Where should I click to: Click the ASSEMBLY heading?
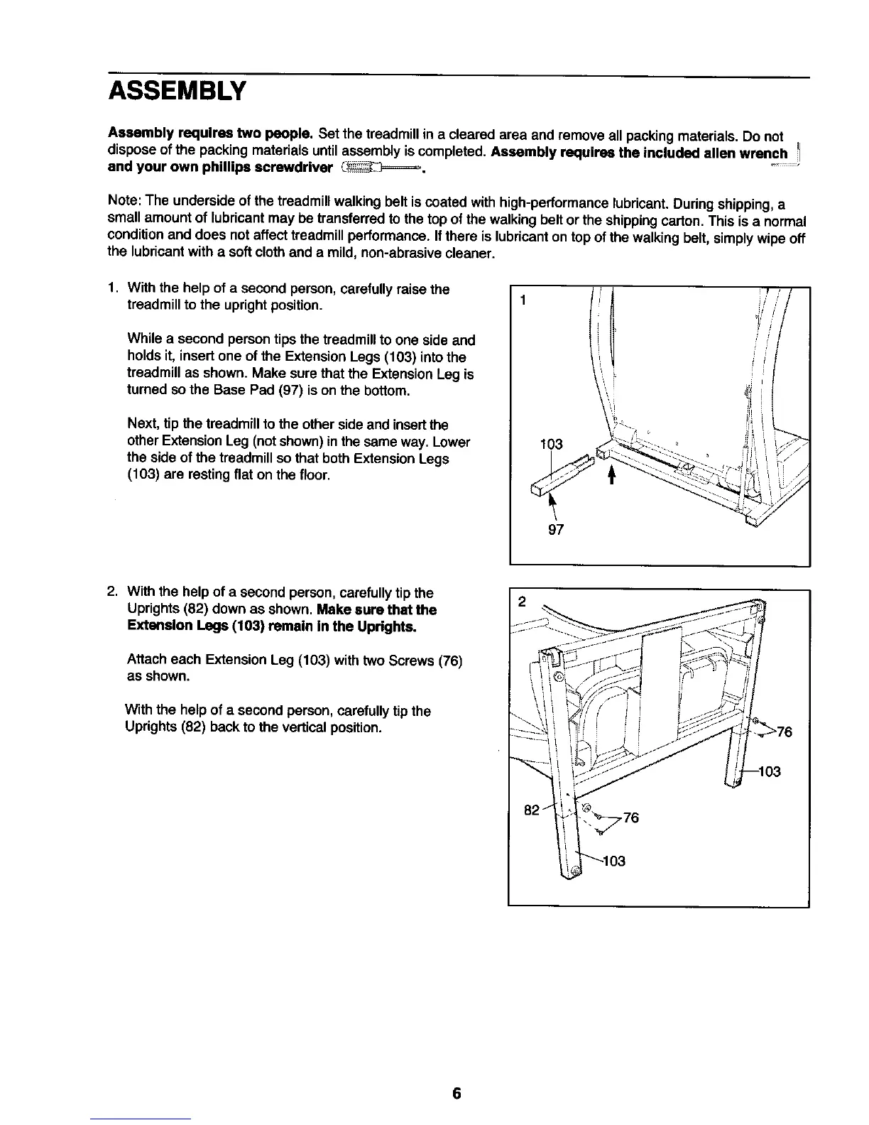tap(177, 92)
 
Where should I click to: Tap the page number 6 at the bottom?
tap(457, 1094)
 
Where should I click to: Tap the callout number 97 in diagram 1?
tap(556, 530)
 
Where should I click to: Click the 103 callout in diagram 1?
tap(551, 445)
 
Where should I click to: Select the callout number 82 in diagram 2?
tap(532, 809)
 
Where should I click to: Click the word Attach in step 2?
tap(144, 661)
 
